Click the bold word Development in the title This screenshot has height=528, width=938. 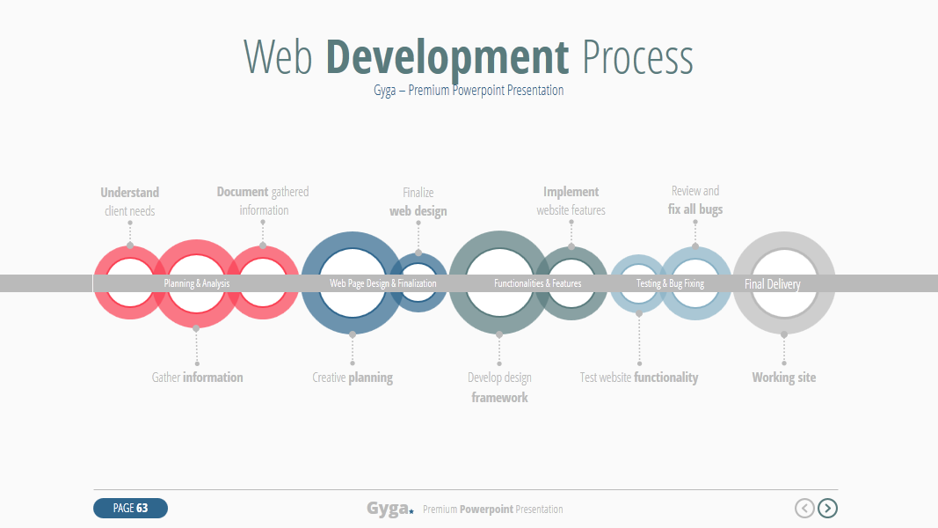(x=447, y=57)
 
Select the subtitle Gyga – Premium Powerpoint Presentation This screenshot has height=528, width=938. (x=469, y=91)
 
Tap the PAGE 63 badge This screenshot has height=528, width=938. (x=130, y=508)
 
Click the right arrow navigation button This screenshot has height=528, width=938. (x=827, y=508)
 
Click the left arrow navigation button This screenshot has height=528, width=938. (x=804, y=508)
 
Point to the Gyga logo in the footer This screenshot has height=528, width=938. (x=389, y=509)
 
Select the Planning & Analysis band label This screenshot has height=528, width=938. (x=196, y=283)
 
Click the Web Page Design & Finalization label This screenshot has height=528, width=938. (x=382, y=283)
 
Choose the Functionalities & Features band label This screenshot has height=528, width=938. (x=537, y=283)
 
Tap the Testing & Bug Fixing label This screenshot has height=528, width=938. (x=670, y=283)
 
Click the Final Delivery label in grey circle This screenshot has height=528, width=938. (x=772, y=284)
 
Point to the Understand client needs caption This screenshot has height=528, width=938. (x=129, y=202)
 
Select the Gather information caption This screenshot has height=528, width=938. (x=197, y=378)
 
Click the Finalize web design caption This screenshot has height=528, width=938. (x=418, y=202)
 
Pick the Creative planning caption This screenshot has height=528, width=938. (x=353, y=378)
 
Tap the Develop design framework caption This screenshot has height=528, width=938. (x=499, y=387)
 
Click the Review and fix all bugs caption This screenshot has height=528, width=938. (x=695, y=200)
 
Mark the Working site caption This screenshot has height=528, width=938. (x=783, y=378)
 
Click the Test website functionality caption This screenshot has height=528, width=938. (x=639, y=378)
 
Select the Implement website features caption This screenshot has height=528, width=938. (x=571, y=201)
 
